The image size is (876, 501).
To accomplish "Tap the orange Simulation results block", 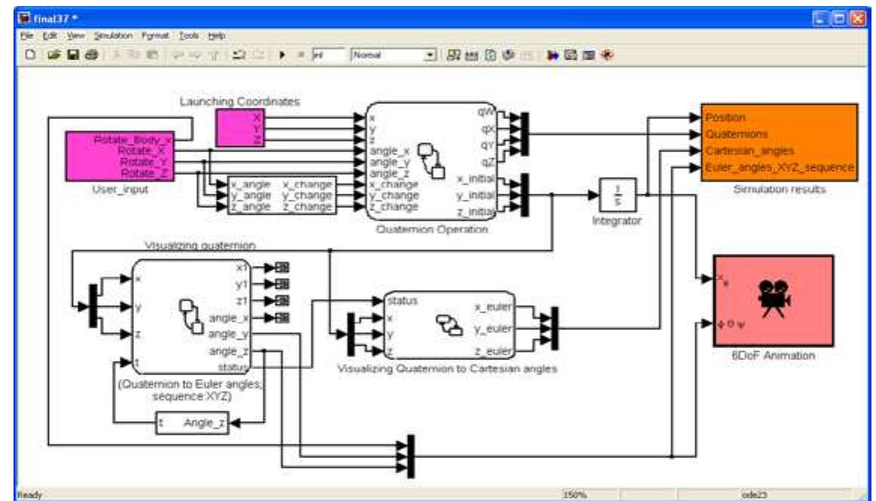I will coord(777,142).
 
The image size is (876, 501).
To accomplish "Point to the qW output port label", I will coord(485,112).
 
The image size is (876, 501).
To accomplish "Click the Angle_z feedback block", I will coord(191,425).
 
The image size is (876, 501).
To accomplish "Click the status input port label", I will coord(402,300).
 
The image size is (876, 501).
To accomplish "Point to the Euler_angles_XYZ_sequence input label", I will coord(778,166).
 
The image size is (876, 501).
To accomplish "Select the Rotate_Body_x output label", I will coord(134,139).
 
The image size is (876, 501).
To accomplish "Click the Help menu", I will coord(217,35).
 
